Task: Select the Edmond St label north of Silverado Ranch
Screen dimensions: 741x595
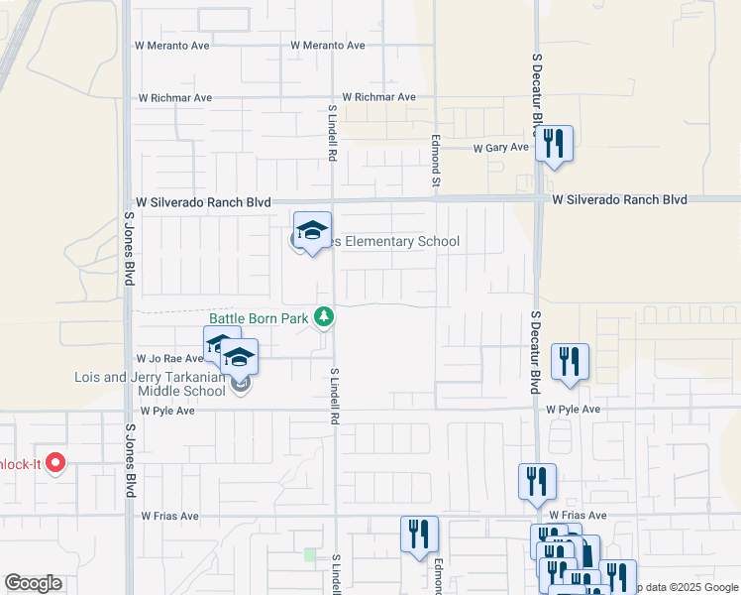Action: point(435,159)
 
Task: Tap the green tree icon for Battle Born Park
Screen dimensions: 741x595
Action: point(323,317)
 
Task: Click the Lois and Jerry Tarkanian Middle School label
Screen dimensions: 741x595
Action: point(151,384)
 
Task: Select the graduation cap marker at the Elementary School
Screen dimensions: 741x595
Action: point(313,233)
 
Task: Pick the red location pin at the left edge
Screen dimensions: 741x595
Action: point(55,462)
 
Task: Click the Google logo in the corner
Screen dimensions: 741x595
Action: point(33,583)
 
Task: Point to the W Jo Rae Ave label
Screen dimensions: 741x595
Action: point(168,359)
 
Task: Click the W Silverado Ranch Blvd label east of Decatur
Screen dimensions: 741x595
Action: point(620,199)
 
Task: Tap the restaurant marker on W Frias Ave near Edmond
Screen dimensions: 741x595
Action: point(419,534)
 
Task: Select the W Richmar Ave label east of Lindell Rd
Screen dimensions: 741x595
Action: point(379,97)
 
